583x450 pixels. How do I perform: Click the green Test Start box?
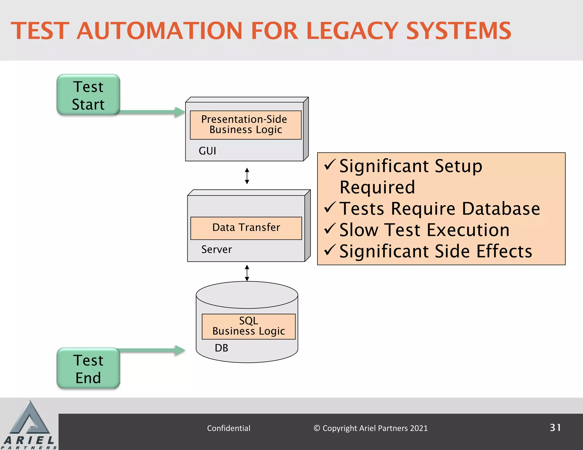pyautogui.click(x=88, y=95)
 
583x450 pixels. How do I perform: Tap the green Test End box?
pyautogui.click(x=88, y=368)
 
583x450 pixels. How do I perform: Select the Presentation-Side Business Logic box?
pyautogui.click(x=245, y=125)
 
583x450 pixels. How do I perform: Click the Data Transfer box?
pyautogui.click(x=246, y=228)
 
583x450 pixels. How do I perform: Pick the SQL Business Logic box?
pyautogui.click(x=249, y=326)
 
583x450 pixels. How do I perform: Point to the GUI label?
pyautogui.click(x=207, y=151)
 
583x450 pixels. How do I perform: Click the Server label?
pyautogui.click(x=216, y=249)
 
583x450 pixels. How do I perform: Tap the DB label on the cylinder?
pyautogui.click(x=221, y=348)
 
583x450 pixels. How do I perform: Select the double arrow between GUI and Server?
pyautogui.click(x=247, y=176)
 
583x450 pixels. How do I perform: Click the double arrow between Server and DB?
pyautogui.click(x=247, y=273)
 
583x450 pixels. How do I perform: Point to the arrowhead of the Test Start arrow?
pyautogui.click(x=180, y=112)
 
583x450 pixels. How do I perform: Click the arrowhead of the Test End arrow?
pyautogui.click(x=180, y=350)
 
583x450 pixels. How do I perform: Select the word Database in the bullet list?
pyautogui.click(x=501, y=209)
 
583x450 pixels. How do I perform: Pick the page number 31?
pyautogui.click(x=555, y=428)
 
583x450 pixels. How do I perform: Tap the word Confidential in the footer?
pyautogui.click(x=229, y=428)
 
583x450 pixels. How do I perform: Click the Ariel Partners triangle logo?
pyautogui.click(x=29, y=418)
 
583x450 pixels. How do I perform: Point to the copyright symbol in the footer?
pyautogui.click(x=317, y=428)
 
